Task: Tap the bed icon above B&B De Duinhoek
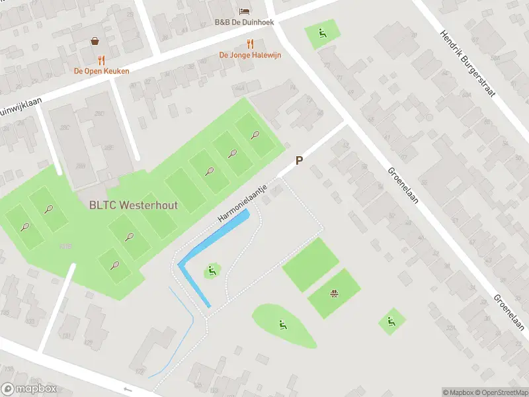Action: pyautogui.click(x=245, y=11)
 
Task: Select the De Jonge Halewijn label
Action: pyautogui.click(x=250, y=55)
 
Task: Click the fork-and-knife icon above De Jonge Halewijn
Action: pyautogui.click(x=250, y=44)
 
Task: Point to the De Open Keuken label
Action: pyautogui.click(x=101, y=71)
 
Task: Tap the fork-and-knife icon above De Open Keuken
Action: pyautogui.click(x=101, y=60)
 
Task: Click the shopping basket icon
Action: pyautogui.click(x=96, y=41)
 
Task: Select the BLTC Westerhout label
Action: pyautogui.click(x=133, y=205)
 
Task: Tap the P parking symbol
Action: pyautogui.click(x=299, y=161)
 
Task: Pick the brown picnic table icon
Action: pyautogui.click(x=335, y=293)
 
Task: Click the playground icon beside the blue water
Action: pyautogui.click(x=212, y=270)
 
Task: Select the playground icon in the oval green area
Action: pyautogui.click(x=282, y=324)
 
